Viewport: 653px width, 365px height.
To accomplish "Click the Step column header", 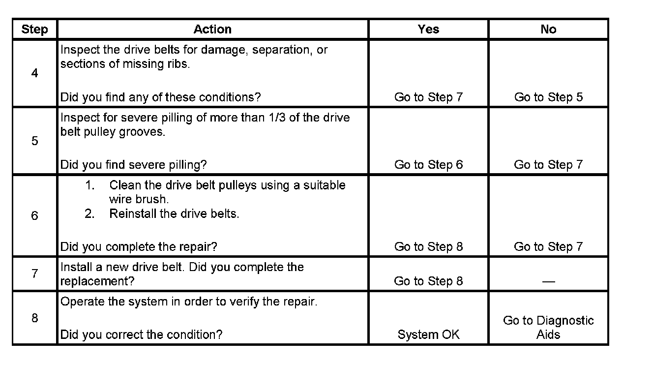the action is (34, 30).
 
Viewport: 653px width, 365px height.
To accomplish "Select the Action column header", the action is (212, 30).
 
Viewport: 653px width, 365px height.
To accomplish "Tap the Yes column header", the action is (428, 30).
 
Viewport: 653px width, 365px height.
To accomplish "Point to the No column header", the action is (548, 30).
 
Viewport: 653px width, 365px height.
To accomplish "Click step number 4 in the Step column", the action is (34, 74).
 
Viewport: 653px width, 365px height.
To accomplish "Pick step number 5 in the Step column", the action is (34, 141).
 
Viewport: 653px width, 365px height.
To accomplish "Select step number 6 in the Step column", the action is (34, 216).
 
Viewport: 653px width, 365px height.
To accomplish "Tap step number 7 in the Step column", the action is (34, 274).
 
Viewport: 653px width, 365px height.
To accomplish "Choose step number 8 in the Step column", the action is (34, 318).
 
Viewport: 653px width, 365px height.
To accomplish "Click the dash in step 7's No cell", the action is (548, 281).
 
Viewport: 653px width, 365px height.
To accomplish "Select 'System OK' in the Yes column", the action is (428, 335).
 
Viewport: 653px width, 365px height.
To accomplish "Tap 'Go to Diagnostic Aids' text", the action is (548, 328).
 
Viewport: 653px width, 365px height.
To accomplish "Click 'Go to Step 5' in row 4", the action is (548, 97).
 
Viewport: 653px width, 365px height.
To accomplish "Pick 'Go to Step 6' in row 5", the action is (428, 165).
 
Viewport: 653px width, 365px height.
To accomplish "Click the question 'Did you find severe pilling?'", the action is (133, 165).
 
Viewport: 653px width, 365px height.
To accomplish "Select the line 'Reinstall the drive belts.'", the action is (174, 214).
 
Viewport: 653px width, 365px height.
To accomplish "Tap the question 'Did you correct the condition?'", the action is (141, 335).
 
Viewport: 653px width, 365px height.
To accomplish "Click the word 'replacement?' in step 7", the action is (97, 281).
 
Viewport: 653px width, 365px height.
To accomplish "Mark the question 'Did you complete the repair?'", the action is (139, 246).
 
